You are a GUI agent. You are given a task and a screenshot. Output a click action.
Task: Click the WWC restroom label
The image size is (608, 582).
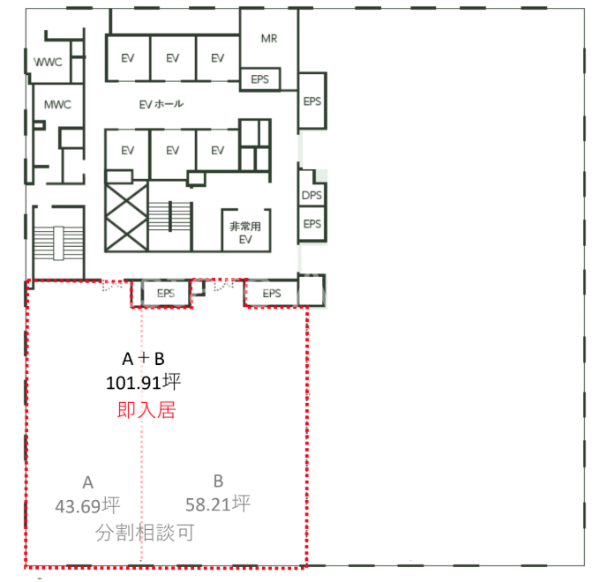(48, 62)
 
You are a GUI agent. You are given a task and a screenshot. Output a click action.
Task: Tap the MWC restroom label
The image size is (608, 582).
(57, 105)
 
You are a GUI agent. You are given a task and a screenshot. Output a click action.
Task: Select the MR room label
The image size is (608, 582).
(269, 39)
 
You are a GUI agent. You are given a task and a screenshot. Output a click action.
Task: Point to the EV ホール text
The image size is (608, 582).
(161, 104)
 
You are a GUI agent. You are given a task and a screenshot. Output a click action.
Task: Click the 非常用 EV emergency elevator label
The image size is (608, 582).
(245, 233)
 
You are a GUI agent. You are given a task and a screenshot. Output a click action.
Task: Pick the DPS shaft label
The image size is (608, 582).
(312, 195)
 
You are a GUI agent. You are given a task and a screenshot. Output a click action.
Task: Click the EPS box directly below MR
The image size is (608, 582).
(259, 79)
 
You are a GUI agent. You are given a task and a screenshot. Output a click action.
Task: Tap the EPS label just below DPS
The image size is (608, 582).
(312, 224)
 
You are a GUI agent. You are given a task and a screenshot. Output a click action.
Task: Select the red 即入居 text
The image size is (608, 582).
(146, 410)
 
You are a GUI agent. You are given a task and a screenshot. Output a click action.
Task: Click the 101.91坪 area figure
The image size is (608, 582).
(144, 383)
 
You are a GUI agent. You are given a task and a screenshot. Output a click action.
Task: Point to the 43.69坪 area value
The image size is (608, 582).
(87, 505)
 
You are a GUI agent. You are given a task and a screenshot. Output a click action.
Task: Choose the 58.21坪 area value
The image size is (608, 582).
(218, 504)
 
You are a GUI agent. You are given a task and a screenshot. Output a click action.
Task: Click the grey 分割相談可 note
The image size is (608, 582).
(145, 533)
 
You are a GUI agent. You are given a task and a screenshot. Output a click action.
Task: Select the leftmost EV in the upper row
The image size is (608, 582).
(128, 58)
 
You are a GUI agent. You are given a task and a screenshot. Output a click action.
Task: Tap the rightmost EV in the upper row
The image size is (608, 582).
(218, 58)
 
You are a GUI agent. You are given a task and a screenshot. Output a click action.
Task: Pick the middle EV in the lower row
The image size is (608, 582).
(173, 150)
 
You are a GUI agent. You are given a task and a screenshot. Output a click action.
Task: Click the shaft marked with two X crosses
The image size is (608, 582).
(126, 217)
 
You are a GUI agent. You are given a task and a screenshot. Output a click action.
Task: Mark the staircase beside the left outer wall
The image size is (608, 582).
(58, 243)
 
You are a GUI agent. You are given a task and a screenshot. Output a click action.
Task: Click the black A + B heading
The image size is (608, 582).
(144, 359)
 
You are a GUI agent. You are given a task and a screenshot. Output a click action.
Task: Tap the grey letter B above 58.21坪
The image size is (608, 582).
(218, 481)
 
